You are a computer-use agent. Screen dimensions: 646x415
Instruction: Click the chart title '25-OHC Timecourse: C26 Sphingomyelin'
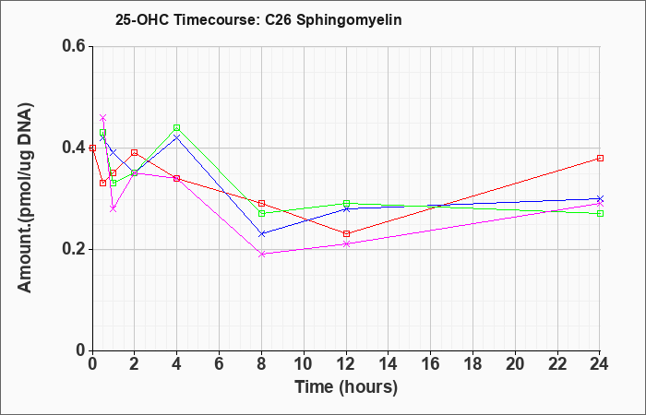(x=258, y=19)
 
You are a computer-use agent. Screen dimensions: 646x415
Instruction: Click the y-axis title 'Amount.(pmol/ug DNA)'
(x=25, y=197)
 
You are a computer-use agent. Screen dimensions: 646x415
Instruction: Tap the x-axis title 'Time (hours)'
(x=346, y=387)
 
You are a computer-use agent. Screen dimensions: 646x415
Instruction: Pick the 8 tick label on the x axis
(x=261, y=364)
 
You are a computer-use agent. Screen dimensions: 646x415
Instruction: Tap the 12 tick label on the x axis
(x=346, y=364)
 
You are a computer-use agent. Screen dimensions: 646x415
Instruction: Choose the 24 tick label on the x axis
(x=599, y=364)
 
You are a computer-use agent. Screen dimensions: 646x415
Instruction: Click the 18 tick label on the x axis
(x=473, y=364)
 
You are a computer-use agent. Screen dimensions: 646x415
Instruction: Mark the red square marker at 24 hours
(x=600, y=158)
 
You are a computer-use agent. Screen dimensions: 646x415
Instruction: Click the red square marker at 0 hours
(x=92, y=148)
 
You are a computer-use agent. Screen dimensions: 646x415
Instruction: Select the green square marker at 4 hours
(x=177, y=127)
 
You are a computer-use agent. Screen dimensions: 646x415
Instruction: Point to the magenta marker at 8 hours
(x=261, y=254)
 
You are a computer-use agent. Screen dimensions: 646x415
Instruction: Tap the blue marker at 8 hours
(x=261, y=234)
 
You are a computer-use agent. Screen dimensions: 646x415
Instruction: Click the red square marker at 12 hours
(x=346, y=234)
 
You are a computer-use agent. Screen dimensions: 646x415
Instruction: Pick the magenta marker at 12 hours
(x=346, y=243)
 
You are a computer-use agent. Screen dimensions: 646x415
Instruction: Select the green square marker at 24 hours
(x=600, y=213)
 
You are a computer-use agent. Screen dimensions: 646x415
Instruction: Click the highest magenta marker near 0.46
(x=103, y=118)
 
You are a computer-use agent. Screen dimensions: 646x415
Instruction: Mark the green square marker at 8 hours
(x=261, y=213)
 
